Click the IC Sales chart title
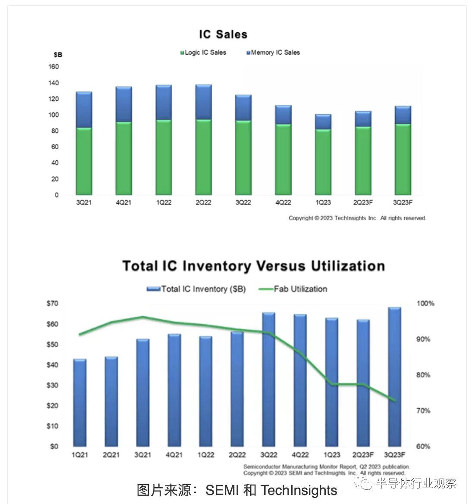[223, 34]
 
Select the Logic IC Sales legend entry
[204, 53]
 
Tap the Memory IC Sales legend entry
[273, 53]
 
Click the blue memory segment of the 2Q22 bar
[203, 102]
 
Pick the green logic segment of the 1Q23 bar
[323, 162]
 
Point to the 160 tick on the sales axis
[54, 67]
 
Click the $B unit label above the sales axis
[58, 55]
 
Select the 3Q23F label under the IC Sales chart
[403, 202]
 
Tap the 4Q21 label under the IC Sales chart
[123, 202]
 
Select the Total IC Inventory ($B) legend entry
[197, 289]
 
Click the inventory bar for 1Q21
[80, 403]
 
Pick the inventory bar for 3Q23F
[394, 377]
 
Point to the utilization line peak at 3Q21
[143, 317]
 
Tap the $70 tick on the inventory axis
[52, 303]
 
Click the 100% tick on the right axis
[425, 304]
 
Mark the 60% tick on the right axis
[423, 446]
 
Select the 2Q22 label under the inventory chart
[237, 454]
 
